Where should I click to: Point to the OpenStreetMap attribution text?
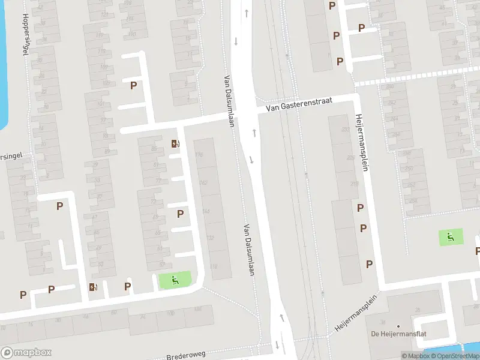point(455,356)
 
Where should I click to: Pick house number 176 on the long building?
point(199,155)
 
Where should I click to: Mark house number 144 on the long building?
point(206,211)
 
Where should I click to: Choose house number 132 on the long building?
point(210,238)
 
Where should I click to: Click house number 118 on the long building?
point(214,266)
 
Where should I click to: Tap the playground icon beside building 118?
point(175,280)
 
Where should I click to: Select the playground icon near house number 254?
point(450,237)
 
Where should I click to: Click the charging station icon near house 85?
point(175,143)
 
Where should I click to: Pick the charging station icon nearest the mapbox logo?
point(92,287)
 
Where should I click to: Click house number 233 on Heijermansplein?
point(345,129)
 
